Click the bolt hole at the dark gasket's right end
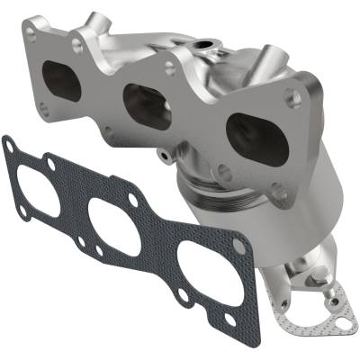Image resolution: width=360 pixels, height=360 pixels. coord(239,245)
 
